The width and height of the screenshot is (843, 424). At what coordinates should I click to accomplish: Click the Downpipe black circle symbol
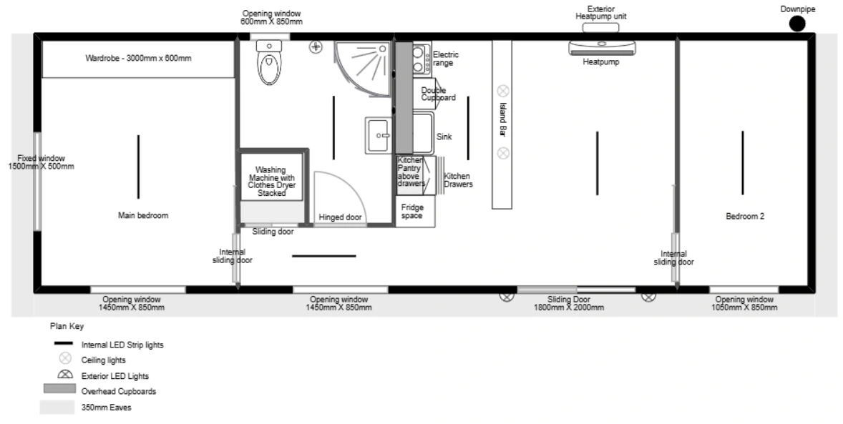[x=797, y=24]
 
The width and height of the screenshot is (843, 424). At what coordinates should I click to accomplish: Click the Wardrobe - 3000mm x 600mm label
[x=138, y=58]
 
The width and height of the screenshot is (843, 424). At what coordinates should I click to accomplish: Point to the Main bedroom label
[x=143, y=215]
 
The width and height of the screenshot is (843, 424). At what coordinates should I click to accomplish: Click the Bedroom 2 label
[x=745, y=217]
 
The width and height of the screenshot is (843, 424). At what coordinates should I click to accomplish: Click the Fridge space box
[x=415, y=212]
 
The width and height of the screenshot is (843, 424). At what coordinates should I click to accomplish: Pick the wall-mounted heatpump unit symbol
[x=602, y=48]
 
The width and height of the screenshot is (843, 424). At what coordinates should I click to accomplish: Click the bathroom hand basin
[x=379, y=135]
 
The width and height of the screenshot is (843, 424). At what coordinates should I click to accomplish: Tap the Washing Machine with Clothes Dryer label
[x=271, y=181]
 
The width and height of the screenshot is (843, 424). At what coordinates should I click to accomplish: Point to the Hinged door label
[x=340, y=217]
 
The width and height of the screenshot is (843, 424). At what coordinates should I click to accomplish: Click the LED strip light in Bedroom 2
[x=743, y=163]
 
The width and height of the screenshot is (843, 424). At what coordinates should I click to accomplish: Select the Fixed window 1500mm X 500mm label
[x=42, y=162]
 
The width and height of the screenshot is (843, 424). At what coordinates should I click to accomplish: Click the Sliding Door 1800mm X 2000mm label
[x=569, y=304]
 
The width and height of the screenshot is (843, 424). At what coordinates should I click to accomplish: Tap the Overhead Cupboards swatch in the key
[x=59, y=389]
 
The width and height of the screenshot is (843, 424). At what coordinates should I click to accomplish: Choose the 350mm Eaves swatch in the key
[x=57, y=408]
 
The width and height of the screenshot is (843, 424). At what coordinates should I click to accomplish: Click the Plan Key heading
[x=67, y=326]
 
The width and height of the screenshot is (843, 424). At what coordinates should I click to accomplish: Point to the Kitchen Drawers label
[x=458, y=180]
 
